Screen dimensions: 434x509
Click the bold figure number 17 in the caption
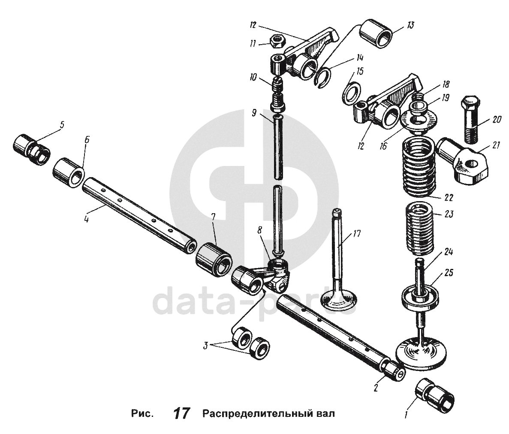click(x=181, y=413)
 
